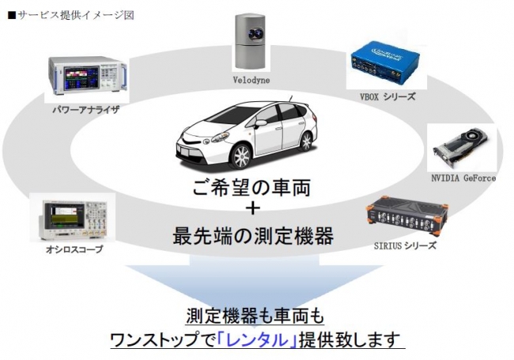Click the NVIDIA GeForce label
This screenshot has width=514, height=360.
point(463,178)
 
